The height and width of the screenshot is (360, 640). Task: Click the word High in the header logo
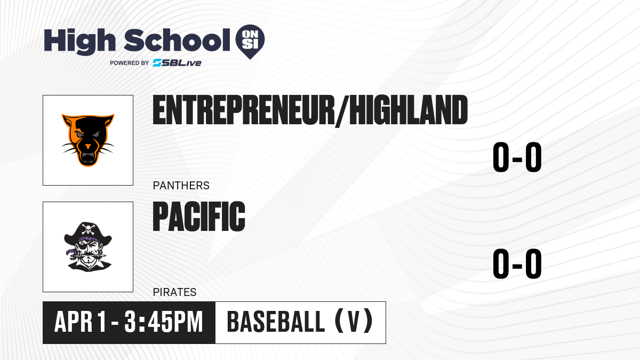tap(79, 41)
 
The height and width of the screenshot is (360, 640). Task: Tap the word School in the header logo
tap(177, 40)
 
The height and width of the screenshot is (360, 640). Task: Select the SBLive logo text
tap(177, 63)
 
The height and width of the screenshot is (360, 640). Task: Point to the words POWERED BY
tap(130, 63)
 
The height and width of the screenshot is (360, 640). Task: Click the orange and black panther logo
tap(88, 140)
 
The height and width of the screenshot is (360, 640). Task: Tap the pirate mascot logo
tap(88, 247)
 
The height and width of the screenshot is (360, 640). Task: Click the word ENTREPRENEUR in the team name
tap(243, 110)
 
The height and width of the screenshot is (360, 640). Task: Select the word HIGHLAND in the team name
tap(409, 110)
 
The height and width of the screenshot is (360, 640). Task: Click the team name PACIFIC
tap(199, 217)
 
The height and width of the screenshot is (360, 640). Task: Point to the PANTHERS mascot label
tap(181, 186)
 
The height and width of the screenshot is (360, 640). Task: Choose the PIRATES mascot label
tap(174, 292)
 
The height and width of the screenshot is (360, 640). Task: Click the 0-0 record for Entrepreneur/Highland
tap(517, 157)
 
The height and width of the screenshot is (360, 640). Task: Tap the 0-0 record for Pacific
tap(517, 263)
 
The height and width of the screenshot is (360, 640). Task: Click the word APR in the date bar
tap(73, 322)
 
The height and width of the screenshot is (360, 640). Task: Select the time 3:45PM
tap(164, 322)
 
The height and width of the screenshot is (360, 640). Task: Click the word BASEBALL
tap(276, 322)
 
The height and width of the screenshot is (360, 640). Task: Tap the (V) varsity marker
tap(354, 322)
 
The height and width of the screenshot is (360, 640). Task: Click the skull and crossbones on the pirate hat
tap(88, 229)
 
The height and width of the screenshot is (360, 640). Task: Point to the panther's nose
tap(88, 146)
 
